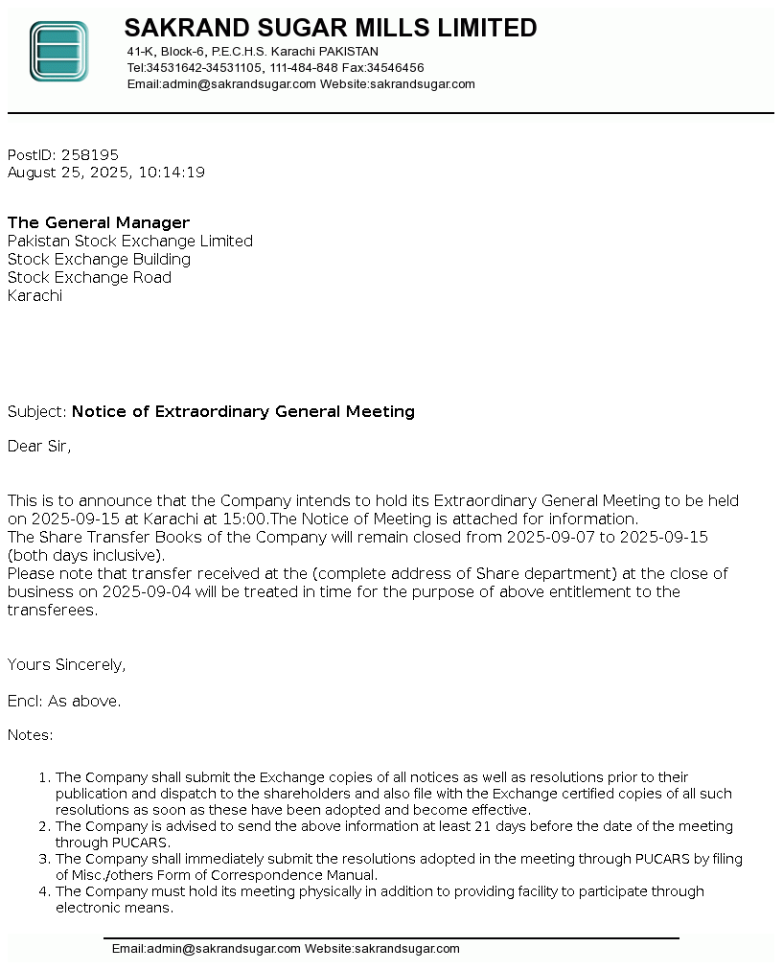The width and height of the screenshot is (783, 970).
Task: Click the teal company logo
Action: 58,51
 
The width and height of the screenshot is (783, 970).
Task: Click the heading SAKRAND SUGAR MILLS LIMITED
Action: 331,28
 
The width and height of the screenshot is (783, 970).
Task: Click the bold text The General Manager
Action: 99,222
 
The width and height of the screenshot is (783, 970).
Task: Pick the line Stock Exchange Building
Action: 99,259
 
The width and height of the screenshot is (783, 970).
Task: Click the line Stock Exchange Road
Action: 89,277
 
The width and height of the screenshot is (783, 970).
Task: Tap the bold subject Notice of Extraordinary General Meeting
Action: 243,411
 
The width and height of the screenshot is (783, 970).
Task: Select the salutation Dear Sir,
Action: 39,446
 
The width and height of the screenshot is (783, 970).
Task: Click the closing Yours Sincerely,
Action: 66,664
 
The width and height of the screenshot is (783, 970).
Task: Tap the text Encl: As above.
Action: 64,701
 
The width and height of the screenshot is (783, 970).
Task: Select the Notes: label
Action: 31,735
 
